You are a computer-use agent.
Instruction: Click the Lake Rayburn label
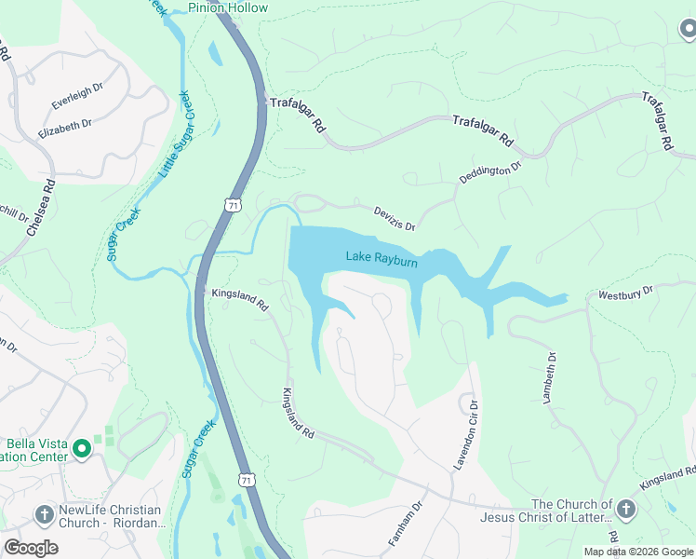(381, 258)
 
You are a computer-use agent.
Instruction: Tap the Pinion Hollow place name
(228, 8)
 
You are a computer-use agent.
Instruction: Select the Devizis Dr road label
(394, 218)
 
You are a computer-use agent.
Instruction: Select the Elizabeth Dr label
(65, 129)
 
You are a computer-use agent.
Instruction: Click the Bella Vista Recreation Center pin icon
(82, 449)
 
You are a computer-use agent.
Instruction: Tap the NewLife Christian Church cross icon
(44, 514)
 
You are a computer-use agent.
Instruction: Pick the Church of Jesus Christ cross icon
(625, 510)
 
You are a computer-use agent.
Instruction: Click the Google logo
(31, 547)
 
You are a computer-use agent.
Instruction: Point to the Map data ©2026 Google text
(638, 552)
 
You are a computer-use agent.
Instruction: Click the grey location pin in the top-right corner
(688, 30)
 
